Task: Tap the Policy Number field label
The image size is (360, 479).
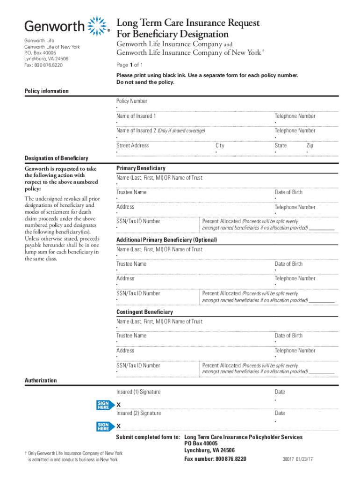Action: (132, 101)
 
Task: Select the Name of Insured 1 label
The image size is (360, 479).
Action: (137, 116)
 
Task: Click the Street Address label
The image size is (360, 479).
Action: (133, 145)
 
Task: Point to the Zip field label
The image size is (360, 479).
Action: (310, 145)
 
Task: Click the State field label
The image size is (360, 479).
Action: (281, 145)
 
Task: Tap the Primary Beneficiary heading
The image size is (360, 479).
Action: (141, 168)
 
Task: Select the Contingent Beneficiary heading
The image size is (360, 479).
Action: (144, 312)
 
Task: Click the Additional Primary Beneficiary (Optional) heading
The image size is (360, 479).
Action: (166, 240)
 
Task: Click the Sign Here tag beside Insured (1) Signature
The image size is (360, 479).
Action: (103, 405)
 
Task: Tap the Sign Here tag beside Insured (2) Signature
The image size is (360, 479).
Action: (103, 426)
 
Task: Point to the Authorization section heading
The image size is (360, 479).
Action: (41, 381)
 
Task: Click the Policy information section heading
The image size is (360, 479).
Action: (46, 91)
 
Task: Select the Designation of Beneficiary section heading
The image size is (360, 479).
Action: (56, 158)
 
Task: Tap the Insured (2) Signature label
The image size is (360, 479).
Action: (138, 413)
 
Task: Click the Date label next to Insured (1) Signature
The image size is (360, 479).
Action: (280, 392)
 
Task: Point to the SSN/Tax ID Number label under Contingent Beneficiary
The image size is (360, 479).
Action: (138, 365)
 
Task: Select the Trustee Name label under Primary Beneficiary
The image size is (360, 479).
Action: (131, 192)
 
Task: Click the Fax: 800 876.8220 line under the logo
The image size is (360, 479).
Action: (43, 65)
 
